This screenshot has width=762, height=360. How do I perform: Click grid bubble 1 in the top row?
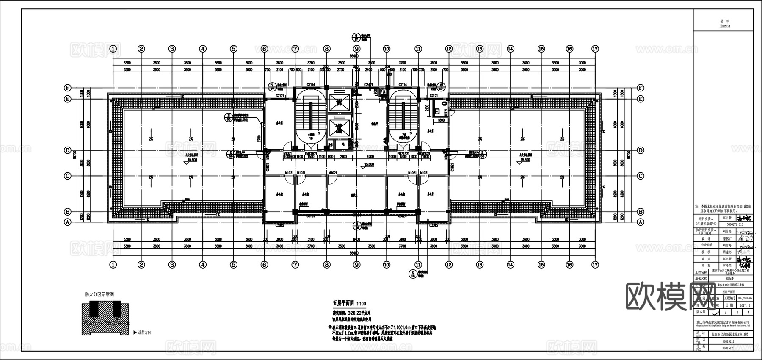tap(113, 49)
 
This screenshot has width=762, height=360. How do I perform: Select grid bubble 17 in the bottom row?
tap(595, 265)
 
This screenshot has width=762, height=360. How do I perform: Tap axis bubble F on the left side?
tap(67, 88)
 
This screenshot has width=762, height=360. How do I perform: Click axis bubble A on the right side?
tap(641, 222)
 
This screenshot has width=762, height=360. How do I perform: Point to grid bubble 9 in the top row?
tap(356, 49)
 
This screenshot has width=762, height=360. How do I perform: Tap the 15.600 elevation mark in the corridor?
tap(369, 164)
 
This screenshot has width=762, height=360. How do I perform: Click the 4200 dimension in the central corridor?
tap(370, 157)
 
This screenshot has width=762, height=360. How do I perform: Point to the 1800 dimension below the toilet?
tap(441, 120)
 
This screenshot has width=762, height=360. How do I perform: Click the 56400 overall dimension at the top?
tap(354, 56)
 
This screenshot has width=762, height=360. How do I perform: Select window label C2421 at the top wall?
tap(368, 85)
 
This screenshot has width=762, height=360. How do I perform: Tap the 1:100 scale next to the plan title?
tap(361, 304)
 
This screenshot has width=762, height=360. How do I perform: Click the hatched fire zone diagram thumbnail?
tap(105, 318)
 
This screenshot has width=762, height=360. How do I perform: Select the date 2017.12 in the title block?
tap(745, 305)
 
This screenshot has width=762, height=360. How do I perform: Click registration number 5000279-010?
tap(734, 224)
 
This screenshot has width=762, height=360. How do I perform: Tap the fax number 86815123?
tap(729, 348)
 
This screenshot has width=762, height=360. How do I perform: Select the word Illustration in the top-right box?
tap(725, 26)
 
